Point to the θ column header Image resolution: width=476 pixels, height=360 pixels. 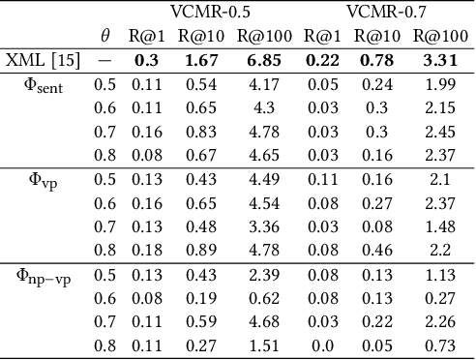tap(104, 37)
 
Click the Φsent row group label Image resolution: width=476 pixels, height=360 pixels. tap(43, 84)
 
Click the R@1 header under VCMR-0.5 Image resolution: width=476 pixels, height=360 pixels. tap(147, 37)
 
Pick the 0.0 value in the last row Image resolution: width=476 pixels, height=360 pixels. tap(322, 345)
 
